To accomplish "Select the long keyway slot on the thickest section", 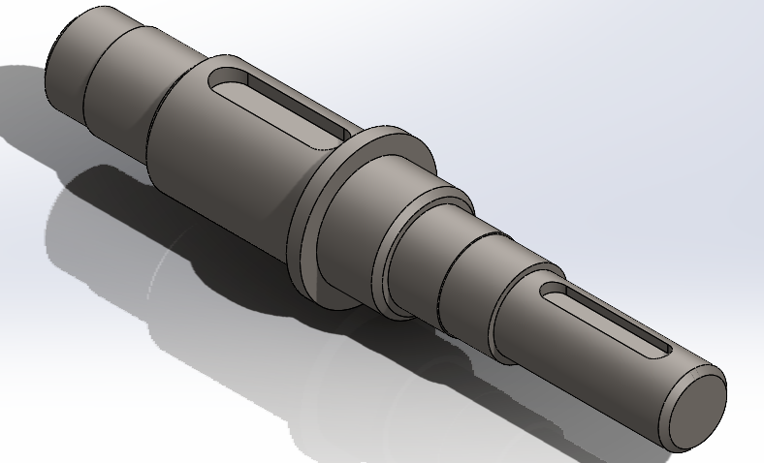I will [281, 107].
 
